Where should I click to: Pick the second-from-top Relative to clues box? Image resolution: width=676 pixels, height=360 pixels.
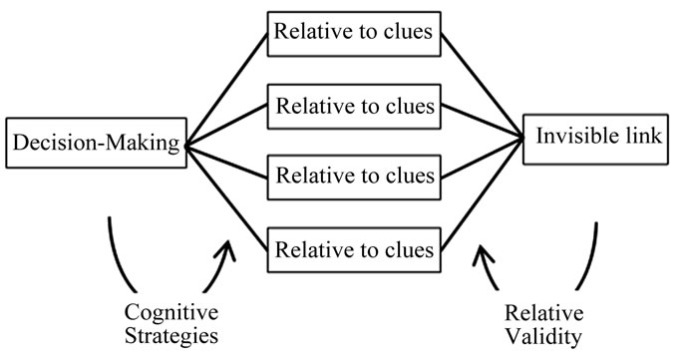click(x=355, y=105)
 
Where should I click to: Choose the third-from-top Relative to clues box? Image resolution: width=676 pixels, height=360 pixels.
click(x=355, y=176)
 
